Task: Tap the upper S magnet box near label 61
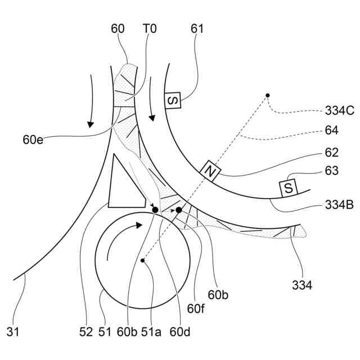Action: coord(173,101)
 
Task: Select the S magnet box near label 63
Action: coord(288,188)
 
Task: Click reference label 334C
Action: coord(340,111)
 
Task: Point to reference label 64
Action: coord(332,130)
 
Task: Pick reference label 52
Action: coord(85,332)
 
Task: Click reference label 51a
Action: coord(151,332)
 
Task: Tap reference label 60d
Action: coord(180,332)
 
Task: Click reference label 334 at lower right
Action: coord(302,286)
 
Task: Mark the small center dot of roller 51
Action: coord(143,260)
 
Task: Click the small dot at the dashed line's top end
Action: coord(268,95)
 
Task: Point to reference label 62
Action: coord(332,152)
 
